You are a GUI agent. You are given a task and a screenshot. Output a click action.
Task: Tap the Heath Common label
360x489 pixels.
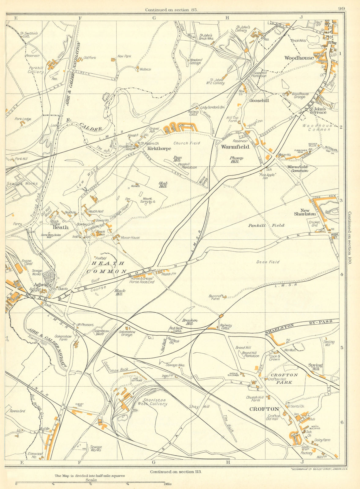(x=106, y=267)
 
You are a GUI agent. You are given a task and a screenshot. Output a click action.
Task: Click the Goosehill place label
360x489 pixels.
(x=259, y=100)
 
